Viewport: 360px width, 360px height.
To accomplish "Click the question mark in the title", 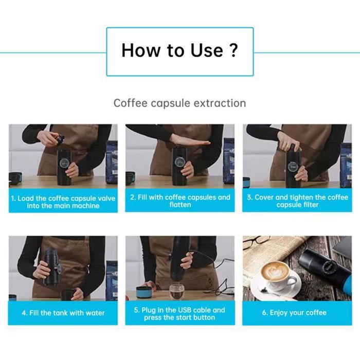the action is (233, 50).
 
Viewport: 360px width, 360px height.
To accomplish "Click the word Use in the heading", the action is (207, 50).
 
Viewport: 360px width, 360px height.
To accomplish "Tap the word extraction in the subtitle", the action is (220, 103).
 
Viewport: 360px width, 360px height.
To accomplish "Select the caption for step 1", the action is (63, 202).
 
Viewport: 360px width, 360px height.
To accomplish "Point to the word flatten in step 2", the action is (180, 205).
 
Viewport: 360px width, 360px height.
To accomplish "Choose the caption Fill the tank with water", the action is (63, 313).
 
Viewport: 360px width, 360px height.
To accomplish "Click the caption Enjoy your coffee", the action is (294, 313).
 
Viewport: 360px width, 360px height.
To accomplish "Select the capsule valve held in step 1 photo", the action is (60, 139).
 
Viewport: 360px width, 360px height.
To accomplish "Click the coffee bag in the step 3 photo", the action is (346, 165).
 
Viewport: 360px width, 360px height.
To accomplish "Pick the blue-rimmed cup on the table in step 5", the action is (143, 292).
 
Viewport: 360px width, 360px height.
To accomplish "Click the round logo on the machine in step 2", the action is (179, 163).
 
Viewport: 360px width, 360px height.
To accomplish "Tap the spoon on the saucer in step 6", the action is (271, 292).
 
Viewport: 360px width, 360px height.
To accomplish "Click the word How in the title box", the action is (140, 50).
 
